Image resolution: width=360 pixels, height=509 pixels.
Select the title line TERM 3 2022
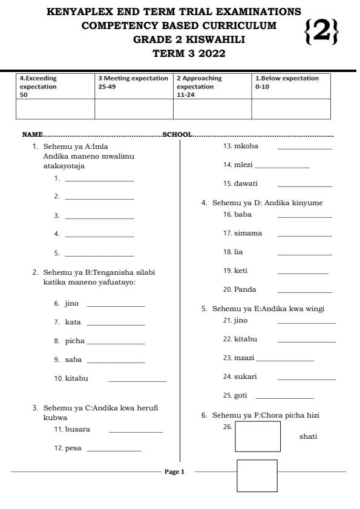189,54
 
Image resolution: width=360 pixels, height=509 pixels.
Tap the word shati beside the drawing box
308,436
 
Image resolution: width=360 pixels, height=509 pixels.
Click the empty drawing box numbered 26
258,436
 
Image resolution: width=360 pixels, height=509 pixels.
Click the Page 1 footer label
174,471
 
